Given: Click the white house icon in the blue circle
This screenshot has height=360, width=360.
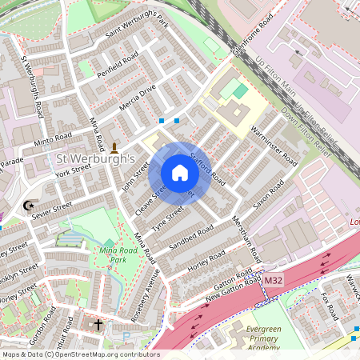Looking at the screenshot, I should [180, 173].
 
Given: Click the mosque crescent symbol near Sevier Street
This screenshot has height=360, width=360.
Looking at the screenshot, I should [30, 206].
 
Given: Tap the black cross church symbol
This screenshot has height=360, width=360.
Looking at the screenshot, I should [98, 325].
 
